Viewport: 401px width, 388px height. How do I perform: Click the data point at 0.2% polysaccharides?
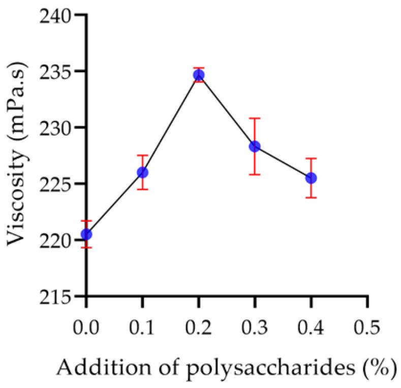pyautogui.click(x=199, y=75)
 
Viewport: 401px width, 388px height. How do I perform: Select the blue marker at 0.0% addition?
pyautogui.click(x=86, y=234)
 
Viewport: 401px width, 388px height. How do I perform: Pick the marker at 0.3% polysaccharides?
pyautogui.click(x=255, y=146)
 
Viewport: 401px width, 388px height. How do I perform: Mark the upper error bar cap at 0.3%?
pyautogui.click(x=255, y=118)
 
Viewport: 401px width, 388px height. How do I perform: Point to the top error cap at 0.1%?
pyautogui.click(x=143, y=155)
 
